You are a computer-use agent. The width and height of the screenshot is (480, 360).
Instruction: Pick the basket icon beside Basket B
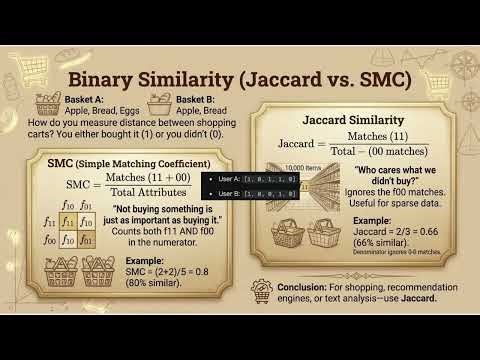161,103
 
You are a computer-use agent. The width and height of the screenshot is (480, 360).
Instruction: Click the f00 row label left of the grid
49,238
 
